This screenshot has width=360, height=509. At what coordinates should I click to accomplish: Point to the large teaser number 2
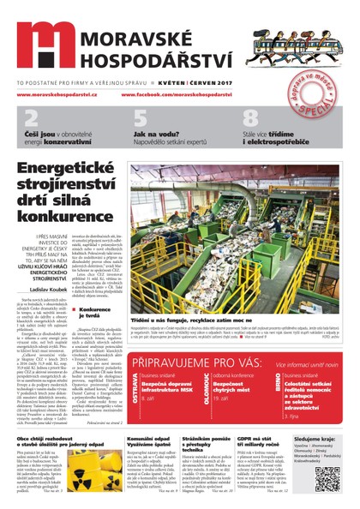pyautogui.click(x=31, y=119)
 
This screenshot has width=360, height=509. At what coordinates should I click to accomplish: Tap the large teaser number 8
pyautogui.click(x=250, y=119)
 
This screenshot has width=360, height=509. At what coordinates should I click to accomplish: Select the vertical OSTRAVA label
pyautogui.click(x=135, y=384)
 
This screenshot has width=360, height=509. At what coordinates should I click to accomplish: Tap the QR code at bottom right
pyautogui.click(x=329, y=476)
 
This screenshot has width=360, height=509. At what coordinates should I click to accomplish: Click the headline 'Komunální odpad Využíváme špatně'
pyautogui.click(x=125, y=442)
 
